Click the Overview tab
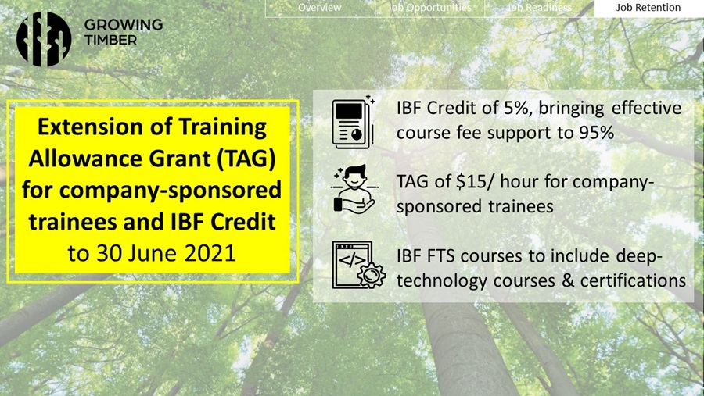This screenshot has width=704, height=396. [x=320, y=8]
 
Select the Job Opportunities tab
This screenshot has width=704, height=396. [x=429, y=8]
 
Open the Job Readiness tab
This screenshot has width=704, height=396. [x=539, y=8]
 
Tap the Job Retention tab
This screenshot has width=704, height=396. [x=648, y=8]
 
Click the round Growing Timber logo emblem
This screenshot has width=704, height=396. [x=44, y=39]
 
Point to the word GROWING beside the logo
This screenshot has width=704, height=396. [x=124, y=25]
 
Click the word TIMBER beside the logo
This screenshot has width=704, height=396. [x=110, y=40]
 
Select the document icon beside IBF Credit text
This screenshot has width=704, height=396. [x=354, y=122]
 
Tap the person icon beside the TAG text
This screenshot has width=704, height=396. [x=354, y=188]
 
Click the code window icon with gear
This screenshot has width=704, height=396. [x=358, y=265]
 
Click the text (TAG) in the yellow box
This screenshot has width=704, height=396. [x=246, y=159]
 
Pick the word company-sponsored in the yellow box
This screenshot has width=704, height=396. [x=171, y=191]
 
